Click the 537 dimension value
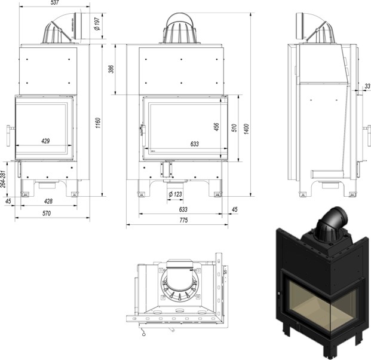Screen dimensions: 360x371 56,3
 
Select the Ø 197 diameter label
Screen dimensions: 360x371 97,23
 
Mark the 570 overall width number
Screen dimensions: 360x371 46,213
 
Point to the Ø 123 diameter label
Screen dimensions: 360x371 175,194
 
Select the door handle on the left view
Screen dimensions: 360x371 9,134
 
